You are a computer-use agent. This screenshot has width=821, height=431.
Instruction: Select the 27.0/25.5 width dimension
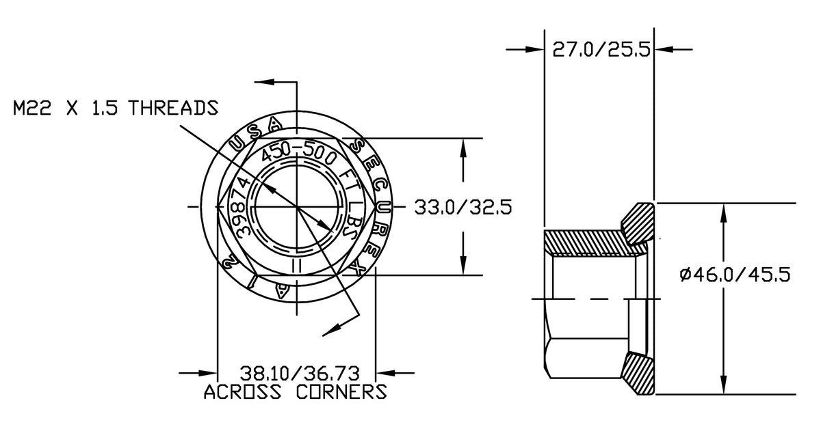coord(600,50)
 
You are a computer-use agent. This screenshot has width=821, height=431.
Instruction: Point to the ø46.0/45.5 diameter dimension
coord(735,275)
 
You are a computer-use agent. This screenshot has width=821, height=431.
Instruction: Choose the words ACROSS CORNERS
coord(296,392)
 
